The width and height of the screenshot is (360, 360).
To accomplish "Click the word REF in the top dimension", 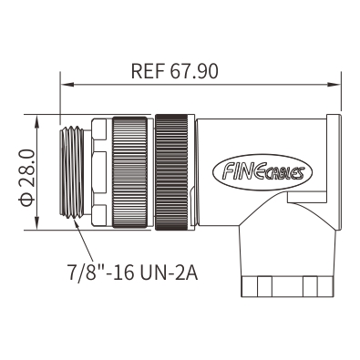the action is [148, 71].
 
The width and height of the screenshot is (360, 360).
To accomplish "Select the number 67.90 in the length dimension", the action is [194, 71].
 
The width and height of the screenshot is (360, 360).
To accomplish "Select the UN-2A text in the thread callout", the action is [170, 273].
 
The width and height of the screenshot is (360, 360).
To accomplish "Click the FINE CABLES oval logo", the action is [262, 172].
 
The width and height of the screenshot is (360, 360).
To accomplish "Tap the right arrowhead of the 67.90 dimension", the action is [334, 84].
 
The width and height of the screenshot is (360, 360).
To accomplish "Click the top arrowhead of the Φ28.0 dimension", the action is [36, 121].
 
